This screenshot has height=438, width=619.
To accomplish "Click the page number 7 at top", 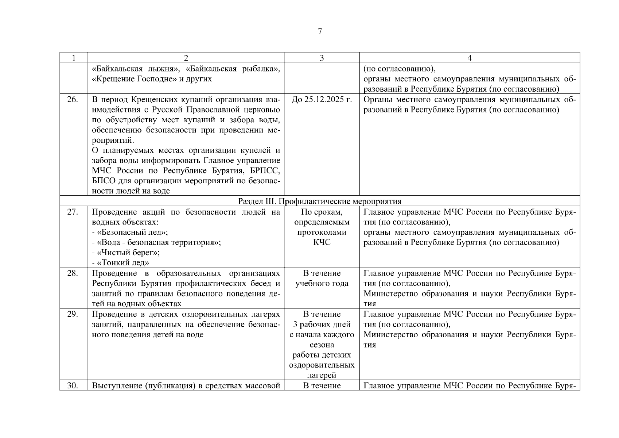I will [x=320, y=32].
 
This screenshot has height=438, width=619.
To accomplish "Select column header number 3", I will [x=322, y=58].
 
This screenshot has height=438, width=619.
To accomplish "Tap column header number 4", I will [x=470, y=58].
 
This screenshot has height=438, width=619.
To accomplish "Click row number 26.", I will [x=73, y=100].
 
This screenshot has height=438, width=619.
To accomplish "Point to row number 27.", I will [x=73, y=212].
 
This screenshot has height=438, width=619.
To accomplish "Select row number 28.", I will [x=73, y=273].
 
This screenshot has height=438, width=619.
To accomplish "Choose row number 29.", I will [x=73, y=314].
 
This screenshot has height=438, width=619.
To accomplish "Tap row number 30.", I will [x=73, y=386].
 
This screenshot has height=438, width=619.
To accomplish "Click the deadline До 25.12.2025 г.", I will [x=322, y=100].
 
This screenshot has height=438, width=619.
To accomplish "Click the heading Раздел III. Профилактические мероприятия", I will [x=320, y=201].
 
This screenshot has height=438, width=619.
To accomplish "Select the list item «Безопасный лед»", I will [x=131, y=233].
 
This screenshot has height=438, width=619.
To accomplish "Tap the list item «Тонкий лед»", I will [x=122, y=263].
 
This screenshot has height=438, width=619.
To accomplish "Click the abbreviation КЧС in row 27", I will [x=322, y=243].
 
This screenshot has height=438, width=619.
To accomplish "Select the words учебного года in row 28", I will [x=322, y=284].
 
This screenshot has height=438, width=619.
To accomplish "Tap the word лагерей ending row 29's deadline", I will [x=322, y=375].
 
